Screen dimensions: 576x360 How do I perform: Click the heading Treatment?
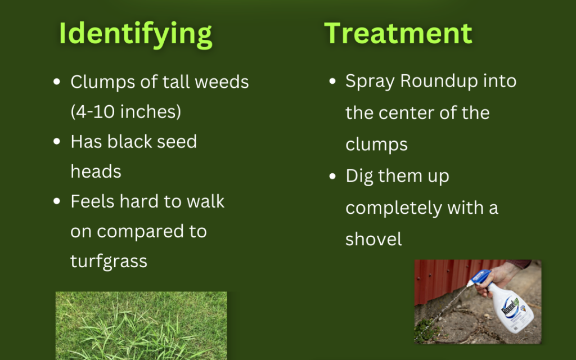[x=398, y=33]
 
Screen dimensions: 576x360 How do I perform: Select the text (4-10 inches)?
[x=125, y=111]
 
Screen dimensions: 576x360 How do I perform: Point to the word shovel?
[x=373, y=239]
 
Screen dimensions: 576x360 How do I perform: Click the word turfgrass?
[x=109, y=261]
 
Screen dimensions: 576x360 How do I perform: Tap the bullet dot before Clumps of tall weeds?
[x=57, y=82]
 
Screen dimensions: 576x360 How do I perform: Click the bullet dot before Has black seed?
[x=57, y=141]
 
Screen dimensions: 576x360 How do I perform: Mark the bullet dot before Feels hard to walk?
[x=57, y=201]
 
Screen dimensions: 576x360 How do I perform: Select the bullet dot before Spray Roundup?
[x=332, y=81]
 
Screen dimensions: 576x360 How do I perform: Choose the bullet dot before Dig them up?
[x=332, y=176]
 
